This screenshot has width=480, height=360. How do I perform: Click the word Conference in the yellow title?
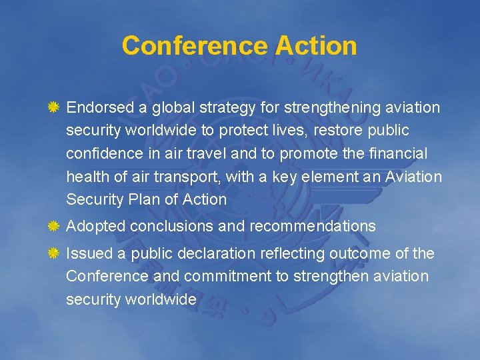(195, 46)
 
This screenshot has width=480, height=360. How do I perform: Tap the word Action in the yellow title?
(316, 46)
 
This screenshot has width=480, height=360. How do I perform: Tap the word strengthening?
(331, 107)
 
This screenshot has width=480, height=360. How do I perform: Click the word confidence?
(99, 153)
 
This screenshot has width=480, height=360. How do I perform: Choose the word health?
(85, 177)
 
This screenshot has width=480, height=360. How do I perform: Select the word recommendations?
(313, 226)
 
